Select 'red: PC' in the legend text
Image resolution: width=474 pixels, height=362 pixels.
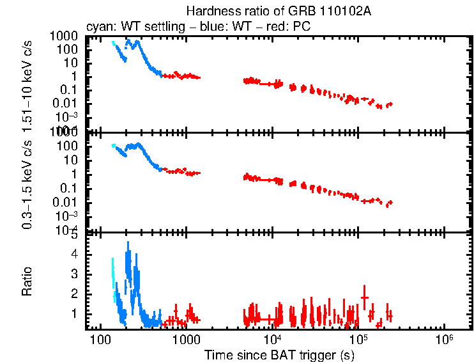[293, 27]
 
